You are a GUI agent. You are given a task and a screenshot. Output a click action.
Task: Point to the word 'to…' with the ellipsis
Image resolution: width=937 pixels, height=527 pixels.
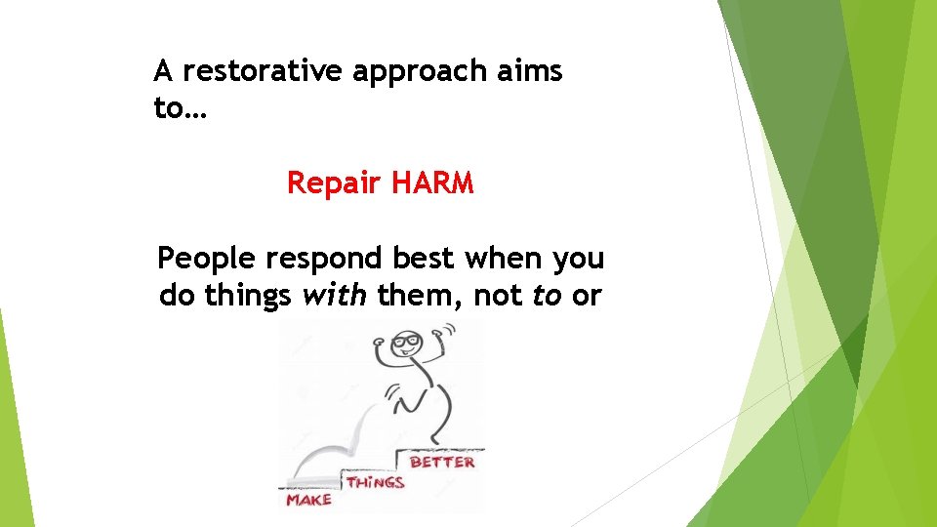click(x=181, y=108)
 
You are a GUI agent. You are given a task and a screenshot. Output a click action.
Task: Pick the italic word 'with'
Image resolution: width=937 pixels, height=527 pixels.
click(x=335, y=296)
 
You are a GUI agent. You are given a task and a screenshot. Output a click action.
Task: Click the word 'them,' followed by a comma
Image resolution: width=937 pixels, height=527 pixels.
click(x=421, y=296)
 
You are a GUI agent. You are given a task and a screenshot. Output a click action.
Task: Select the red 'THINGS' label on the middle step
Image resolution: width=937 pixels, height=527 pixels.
click(x=375, y=482)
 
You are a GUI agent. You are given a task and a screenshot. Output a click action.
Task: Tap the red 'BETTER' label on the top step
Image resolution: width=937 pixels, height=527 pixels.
click(x=442, y=461)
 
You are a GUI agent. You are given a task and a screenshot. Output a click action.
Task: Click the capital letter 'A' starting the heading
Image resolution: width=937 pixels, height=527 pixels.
click(x=164, y=71)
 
